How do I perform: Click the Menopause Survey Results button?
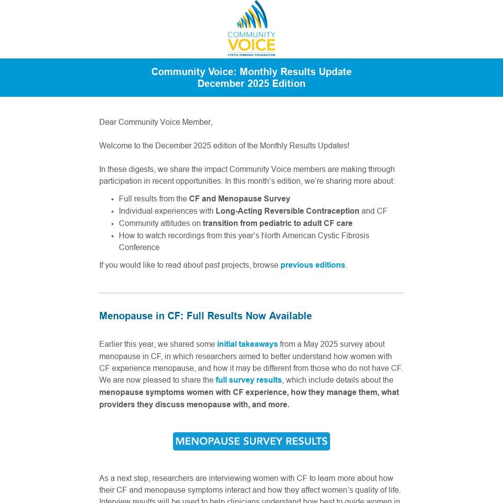[251, 441]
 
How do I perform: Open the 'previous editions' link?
[312, 265]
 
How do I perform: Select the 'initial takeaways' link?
[247, 344]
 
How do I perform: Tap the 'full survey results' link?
[249, 380]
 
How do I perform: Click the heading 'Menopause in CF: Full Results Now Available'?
[205, 316]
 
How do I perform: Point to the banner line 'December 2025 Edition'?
[251, 84]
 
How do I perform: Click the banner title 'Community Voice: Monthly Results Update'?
[251, 72]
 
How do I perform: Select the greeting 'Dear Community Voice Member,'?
[156, 122]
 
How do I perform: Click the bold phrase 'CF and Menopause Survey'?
[239, 199]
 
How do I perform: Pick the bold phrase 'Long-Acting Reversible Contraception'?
[287, 211]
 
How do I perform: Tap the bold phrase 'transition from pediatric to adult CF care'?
[278, 224]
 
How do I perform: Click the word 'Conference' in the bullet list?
[139, 248]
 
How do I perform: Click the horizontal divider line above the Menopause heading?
[251, 293]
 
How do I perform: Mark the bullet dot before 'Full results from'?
[113, 199]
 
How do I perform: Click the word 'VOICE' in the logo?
[251, 45]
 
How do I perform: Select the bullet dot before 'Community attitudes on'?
[113, 224]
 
